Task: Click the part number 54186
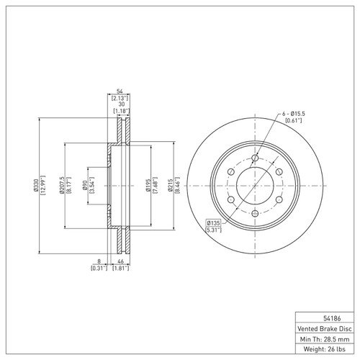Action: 332,318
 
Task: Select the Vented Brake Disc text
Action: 325,328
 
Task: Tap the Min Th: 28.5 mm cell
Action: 325,339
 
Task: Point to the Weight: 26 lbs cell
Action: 325,348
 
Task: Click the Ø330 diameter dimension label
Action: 36,185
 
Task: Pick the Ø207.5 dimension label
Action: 61,185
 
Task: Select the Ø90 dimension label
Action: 85,186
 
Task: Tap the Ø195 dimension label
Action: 148,185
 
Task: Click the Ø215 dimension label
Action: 171,185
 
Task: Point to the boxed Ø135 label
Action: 213,223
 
